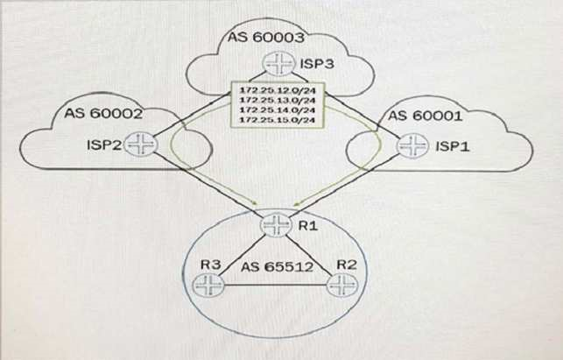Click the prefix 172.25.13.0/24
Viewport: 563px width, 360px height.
click(272, 102)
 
